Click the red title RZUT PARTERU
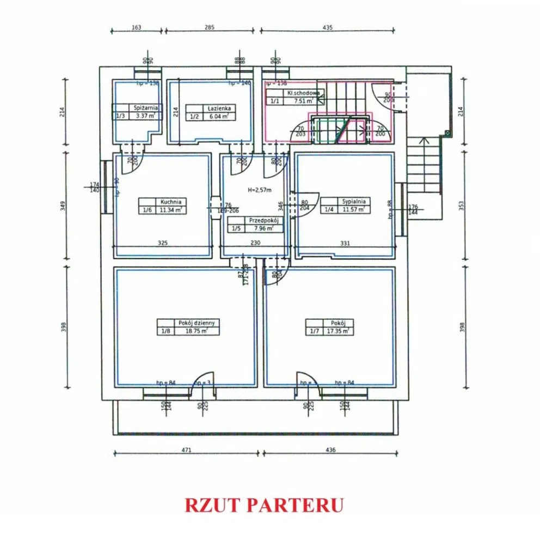264,505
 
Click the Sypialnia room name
354,201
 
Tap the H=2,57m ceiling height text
259,190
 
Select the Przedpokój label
263,221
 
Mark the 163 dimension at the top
136,27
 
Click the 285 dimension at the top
210,27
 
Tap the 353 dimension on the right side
463,205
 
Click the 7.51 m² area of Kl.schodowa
304,101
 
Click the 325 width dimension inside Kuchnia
162,244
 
